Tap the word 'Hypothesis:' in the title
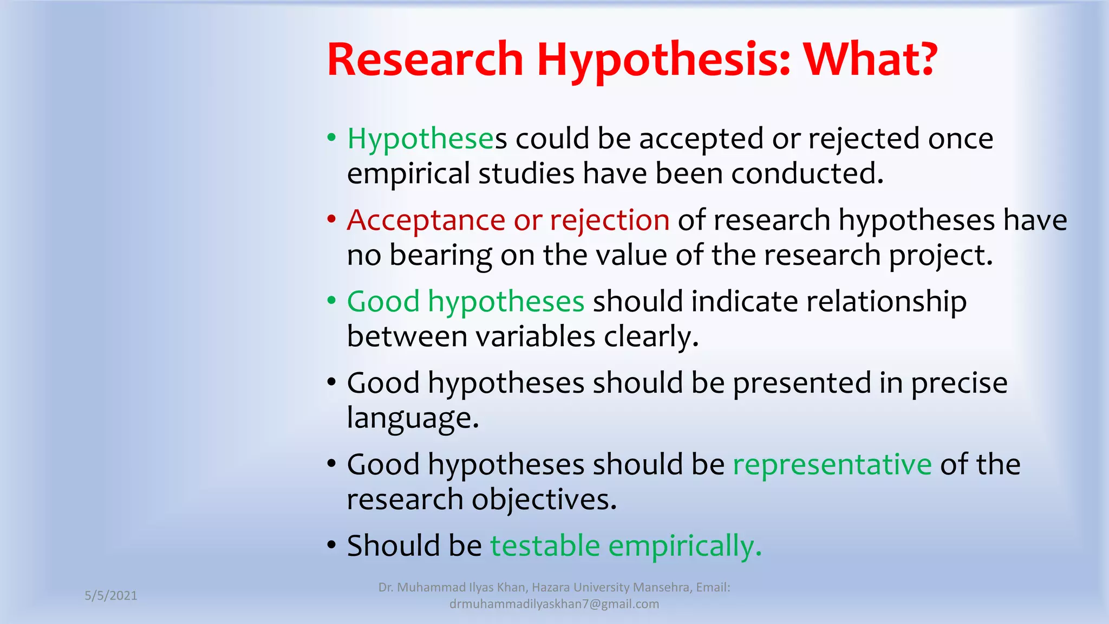click(663, 61)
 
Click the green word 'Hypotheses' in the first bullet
click(421, 139)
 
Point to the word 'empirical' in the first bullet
click(408, 174)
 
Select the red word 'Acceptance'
click(426, 220)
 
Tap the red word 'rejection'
click(610, 221)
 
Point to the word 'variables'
click(536, 336)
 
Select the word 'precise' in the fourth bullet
click(959, 383)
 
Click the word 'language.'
click(413, 419)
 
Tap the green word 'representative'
click(832, 464)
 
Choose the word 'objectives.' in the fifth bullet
click(544, 499)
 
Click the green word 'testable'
click(545, 545)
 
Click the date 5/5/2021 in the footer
click(111, 595)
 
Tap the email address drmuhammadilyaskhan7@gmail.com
click(554, 604)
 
